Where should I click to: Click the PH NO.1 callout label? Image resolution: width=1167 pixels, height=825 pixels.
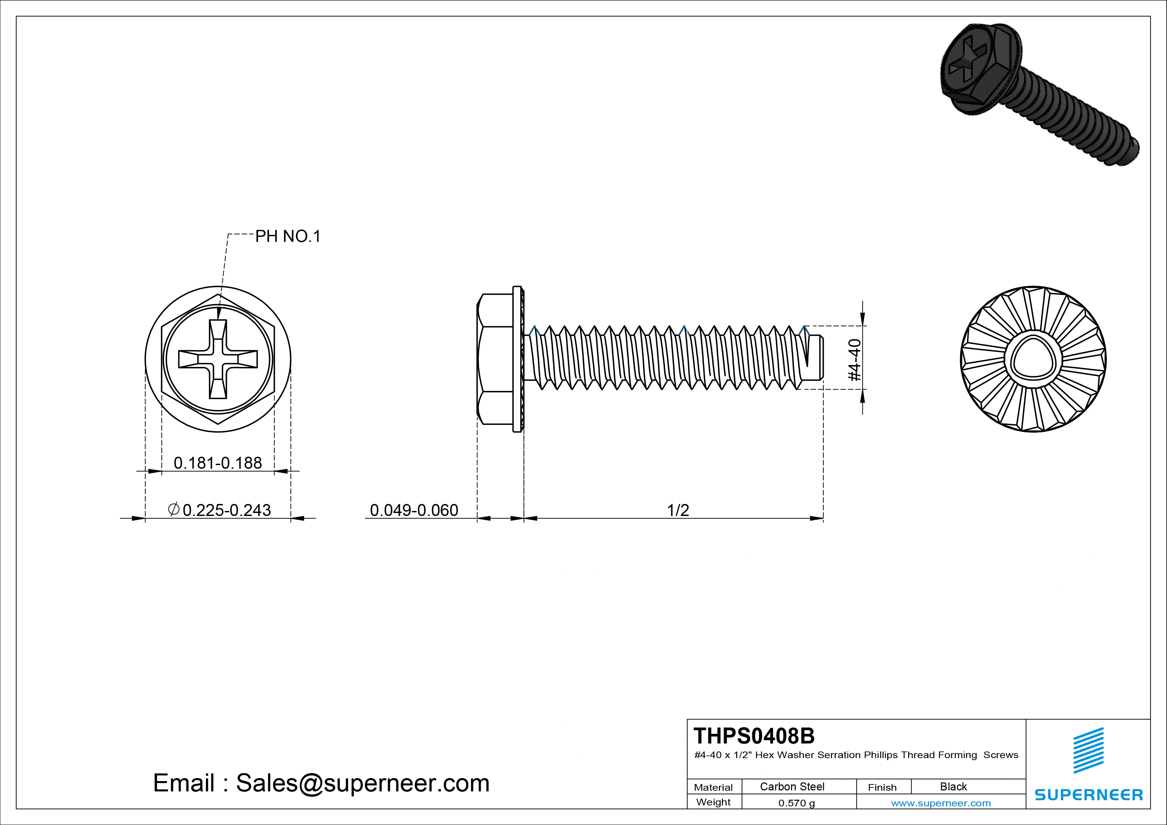(288, 237)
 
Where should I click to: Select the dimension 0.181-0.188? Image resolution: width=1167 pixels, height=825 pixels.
(218, 463)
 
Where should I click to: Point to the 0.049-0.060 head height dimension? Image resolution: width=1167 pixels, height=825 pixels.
(414, 510)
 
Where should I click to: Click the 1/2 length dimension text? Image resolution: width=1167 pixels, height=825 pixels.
(678, 510)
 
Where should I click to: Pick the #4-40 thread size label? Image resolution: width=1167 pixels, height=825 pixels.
(855, 360)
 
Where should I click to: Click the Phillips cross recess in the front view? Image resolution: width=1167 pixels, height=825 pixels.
(218, 359)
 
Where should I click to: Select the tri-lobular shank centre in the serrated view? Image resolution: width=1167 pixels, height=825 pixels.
(1033, 359)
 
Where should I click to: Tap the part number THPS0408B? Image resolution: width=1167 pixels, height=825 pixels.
(754, 736)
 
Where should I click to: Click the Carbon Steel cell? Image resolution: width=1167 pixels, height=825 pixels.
(792, 786)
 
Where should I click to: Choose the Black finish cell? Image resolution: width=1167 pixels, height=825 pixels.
(953, 786)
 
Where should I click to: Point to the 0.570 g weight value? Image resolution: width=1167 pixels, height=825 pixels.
(796, 803)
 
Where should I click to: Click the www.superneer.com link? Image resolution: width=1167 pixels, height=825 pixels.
(941, 803)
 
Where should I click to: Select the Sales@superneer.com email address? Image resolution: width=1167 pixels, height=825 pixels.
(362, 783)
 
